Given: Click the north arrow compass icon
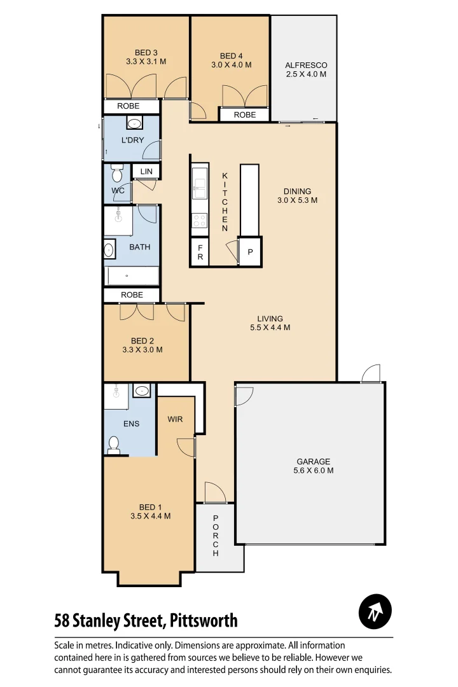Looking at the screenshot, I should pyautogui.click(x=375, y=612).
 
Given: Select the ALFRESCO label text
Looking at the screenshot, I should pyautogui.click(x=306, y=66).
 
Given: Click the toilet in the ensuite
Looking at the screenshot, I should pyautogui.click(x=114, y=445).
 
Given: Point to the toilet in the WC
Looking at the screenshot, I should pyautogui.click(x=116, y=172).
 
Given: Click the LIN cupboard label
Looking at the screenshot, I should pyautogui.click(x=146, y=171).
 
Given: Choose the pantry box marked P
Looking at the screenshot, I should pyautogui.click(x=250, y=253).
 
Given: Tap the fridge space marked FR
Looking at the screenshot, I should pyautogui.click(x=200, y=253).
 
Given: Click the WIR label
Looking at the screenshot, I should pyautogui.click(x=176, y=420).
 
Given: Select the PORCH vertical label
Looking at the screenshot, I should pyautogui.click(x=216, y=536).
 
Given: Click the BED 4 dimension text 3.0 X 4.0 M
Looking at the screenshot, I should pyautogui.click(x=232, y=65).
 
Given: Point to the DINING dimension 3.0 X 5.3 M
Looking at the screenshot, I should pyautogui.click(x=297, y=200).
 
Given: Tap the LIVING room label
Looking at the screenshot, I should pyautogui.click(x=270, y=319).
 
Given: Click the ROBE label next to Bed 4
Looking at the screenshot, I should pyautogui.click(x=245, y=115).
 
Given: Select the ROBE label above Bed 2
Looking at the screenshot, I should pyautogui.click(x=132, y=295).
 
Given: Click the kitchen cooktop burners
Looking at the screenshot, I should pyautogui.click(x=200, y=220).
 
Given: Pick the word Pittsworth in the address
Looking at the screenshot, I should pyautogui.click(x=202, y=620).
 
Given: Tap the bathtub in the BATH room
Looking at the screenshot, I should pyautogui.click(x=132, y=276).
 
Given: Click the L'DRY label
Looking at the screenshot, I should pyautogui.click(x=132, y=140).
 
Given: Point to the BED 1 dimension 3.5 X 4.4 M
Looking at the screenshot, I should pyautogui.click(x=150, y=517).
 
